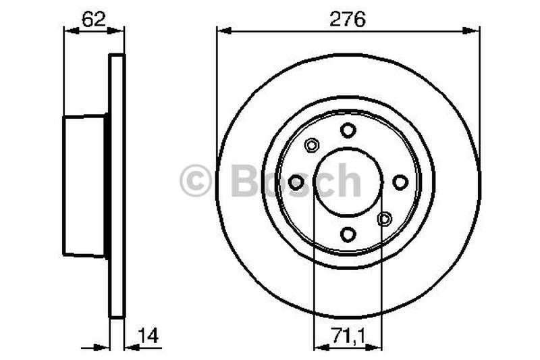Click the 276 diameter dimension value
pos(348,20)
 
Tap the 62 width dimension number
pos(93,20)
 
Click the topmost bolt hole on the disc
pos(348,130)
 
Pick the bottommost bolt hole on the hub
pos(348,234)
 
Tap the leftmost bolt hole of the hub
pos(296,182)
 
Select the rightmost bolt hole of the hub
pos(400,182)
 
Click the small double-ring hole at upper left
pos(311,145)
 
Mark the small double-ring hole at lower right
pos(384,219)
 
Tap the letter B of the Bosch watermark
pos(245,181)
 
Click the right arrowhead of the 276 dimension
pos(475,30)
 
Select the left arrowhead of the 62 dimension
pos(67,30)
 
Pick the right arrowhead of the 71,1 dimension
pos(377,347)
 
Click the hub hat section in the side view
pos(84,186)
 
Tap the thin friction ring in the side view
pos(117,186)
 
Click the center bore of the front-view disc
pos(348,182)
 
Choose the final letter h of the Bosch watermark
pos(350,181)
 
